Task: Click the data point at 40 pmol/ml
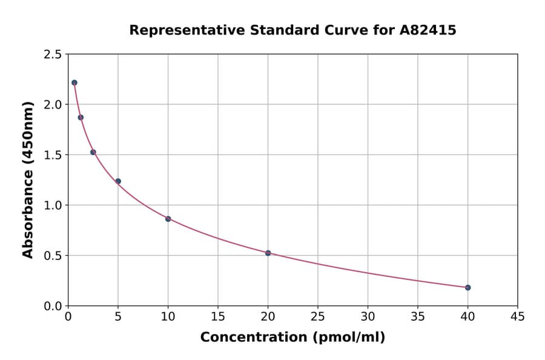tap(467, 287)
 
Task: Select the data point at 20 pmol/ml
tap(268, 253)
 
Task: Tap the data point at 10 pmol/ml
tap(168, 219)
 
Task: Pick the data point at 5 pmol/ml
tap(118, 181)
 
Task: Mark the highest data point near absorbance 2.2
tap(74, 82)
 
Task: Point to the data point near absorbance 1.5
tap(93, 152)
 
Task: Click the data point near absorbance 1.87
tap(81, 118)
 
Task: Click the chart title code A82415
tap(428, 30)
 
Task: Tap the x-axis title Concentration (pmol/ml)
tap(292, 337)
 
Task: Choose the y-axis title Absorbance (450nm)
tap(28, 179)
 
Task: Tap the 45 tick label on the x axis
tap(517, 316)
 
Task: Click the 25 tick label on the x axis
tap(317, 316)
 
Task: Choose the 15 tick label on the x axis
tap(217, 316)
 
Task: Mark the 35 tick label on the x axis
tap(417, 316)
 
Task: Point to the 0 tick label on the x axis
tap(68, 316)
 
